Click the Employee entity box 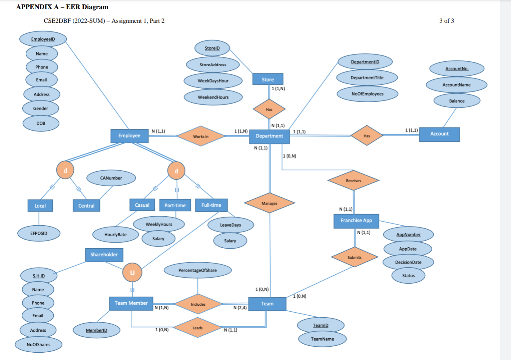129,136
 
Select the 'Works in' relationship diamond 201,136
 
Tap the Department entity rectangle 269,136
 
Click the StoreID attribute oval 212,48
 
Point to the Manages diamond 269,203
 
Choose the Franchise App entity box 356,221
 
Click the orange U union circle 132,273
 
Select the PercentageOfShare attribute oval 197,270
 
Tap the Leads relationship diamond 197,328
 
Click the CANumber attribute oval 111,178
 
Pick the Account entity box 439,134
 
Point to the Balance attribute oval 457,101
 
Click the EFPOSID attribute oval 39,233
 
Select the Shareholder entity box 104,255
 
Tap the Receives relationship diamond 353,181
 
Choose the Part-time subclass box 175,205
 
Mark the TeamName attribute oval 322,339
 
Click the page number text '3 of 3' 447,21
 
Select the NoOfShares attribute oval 38,345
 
